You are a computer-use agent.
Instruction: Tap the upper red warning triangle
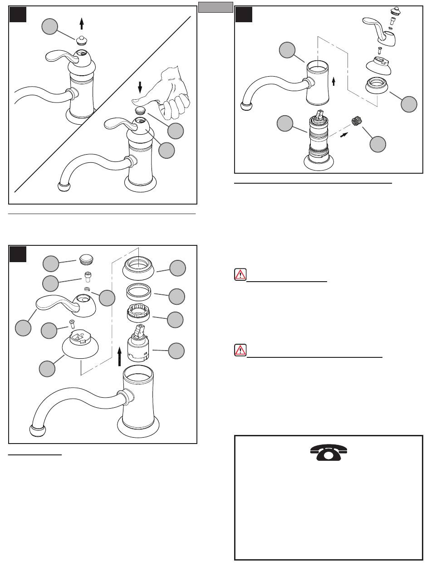[240, 275]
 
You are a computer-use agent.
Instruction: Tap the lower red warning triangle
[240, 350]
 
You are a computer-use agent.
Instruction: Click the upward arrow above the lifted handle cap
[82, 24]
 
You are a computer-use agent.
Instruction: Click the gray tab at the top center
[215, 7]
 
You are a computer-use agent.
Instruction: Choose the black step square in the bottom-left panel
[19, 254]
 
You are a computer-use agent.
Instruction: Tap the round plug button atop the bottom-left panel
[86, 259]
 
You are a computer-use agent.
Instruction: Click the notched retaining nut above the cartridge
[139, 313]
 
